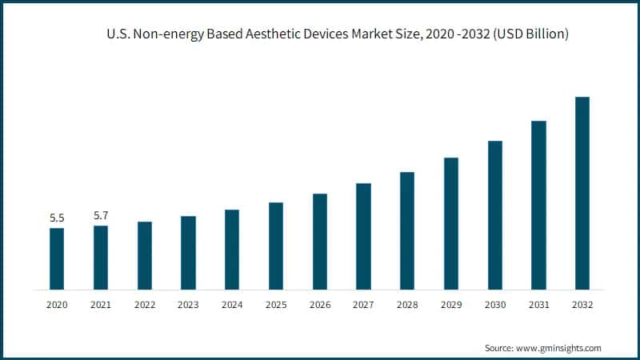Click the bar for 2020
pos(57,258)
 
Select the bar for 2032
pos(582,193)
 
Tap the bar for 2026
pos(319,241)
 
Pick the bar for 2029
pos(451,223)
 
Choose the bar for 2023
pos(188,252)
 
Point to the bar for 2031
pos(538,205)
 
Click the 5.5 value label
pos(57,218)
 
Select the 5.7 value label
pos(100,215)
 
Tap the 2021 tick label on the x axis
pos(100,305)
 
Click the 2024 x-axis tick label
pos(232,305)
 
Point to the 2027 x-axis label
pos(363,305)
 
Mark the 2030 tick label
pos(495,305)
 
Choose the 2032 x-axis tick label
pos(582,305)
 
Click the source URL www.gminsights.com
pos(559,348)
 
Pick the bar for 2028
pos(407,230)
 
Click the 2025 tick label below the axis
pos(276,305)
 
